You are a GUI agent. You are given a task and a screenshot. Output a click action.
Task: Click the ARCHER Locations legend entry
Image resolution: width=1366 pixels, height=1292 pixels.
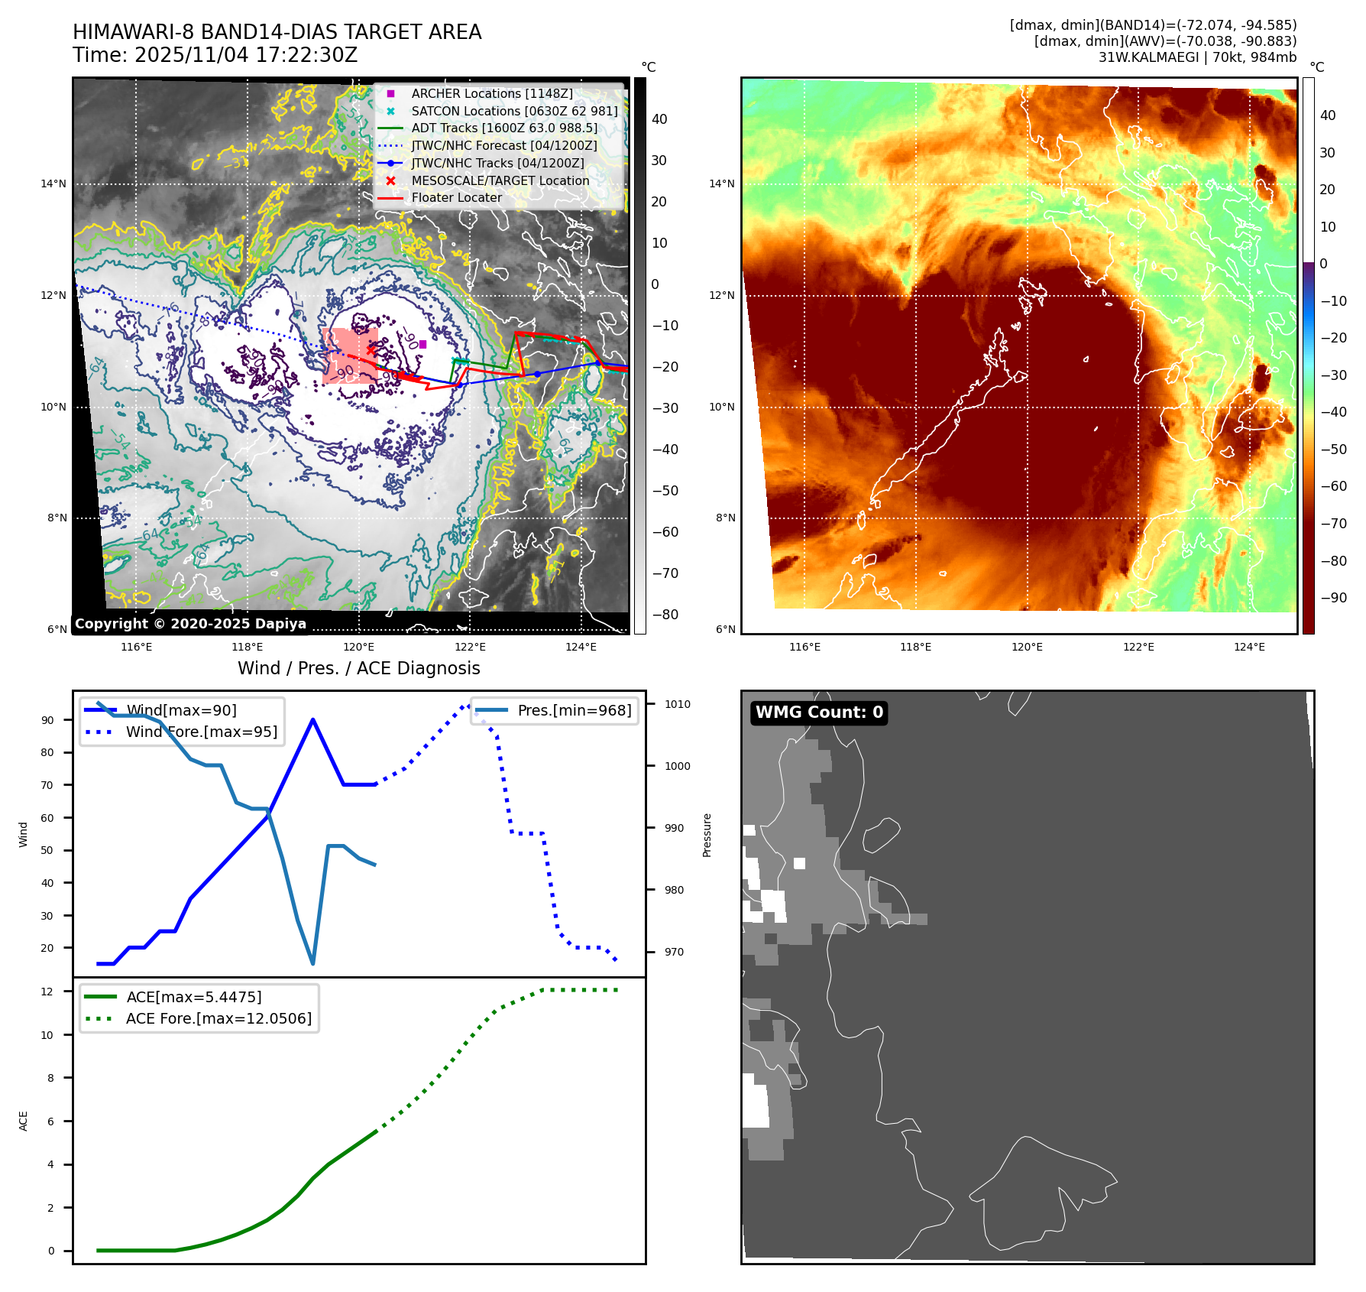point(491,93)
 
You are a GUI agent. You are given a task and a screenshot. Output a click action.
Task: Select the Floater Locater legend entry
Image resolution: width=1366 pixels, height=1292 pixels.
point(456,197)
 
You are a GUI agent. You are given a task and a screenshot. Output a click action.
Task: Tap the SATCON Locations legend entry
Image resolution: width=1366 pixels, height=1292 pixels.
point(513,111)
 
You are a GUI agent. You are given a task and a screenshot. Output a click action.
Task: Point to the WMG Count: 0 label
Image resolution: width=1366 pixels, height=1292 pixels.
point(819,713)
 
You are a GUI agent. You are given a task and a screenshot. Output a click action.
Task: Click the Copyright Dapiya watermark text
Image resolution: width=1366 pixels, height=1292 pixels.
point(190,624)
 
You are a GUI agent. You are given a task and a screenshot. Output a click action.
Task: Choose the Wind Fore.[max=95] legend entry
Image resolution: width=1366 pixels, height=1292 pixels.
point(201,732)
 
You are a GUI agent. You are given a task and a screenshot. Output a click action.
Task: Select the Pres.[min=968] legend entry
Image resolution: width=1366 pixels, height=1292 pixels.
point(574,710)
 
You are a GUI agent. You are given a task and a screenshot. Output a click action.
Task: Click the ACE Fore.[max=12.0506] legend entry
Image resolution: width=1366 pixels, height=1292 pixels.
point(218,1018)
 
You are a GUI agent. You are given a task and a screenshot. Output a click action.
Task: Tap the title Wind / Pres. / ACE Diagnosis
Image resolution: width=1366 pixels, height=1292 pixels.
point(358,668)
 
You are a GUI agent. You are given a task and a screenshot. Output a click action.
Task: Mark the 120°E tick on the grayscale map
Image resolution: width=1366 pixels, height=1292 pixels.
point(358,647)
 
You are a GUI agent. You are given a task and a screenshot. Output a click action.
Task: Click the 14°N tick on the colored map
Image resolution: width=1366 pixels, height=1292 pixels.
point(722,183)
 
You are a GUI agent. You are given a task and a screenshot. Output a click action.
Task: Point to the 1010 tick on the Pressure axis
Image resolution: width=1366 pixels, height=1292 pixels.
point(677,704)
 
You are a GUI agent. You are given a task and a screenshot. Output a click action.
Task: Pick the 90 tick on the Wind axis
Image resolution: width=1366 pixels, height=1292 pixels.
point(48,720)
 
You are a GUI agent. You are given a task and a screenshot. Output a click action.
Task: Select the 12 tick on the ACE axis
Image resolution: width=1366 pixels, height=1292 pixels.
point(47,992)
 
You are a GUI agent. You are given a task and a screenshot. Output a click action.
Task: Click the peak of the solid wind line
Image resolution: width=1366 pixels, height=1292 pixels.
point(313,719)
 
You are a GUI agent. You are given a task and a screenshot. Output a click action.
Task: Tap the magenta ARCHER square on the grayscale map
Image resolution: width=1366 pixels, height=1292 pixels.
point(422,344)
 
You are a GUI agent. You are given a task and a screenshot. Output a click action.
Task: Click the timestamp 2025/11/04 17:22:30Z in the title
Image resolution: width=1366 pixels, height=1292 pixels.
point(245,55)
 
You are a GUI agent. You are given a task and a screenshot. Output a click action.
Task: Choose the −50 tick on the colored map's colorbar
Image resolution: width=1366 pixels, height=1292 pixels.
point(1333,449)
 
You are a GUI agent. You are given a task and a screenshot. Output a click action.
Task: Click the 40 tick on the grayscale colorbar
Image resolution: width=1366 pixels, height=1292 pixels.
point(659,119)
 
